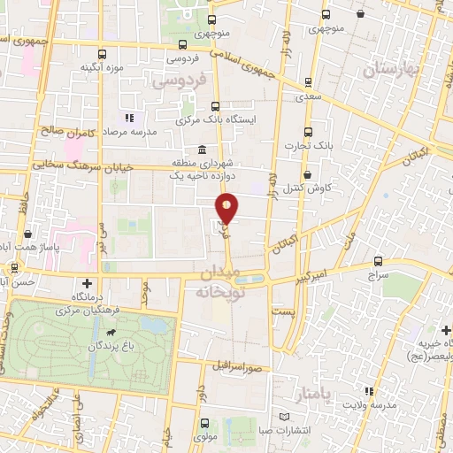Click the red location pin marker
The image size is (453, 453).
[227, 209]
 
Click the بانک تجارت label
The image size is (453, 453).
[306, 145]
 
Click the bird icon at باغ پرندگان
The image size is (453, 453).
[112, 334]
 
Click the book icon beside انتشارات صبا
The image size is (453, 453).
[283, 417]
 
